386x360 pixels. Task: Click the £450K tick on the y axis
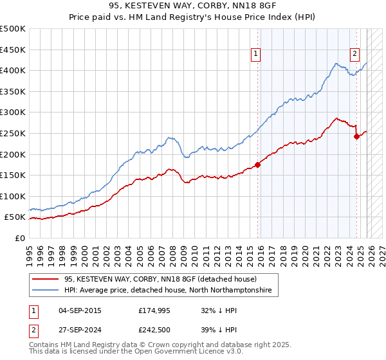click(13, 50)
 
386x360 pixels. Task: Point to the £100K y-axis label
click(13, 197)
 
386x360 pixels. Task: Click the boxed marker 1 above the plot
click(256, 55)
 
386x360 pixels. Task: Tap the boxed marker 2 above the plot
click(354, 55)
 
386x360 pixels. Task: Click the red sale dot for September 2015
click(258, 165)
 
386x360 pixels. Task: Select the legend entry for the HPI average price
click(167, 291)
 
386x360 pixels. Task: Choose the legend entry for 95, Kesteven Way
click(160, 279)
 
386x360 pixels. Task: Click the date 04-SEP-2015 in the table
click(80, 310)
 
